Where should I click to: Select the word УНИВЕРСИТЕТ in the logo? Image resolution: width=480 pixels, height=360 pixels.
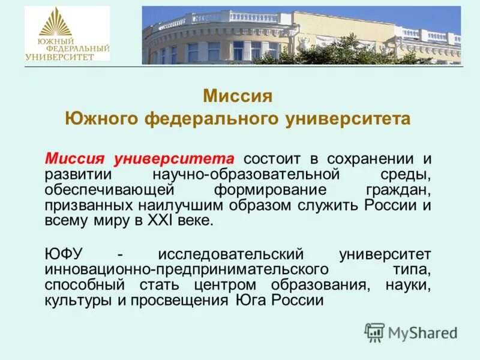(x=59, y=56)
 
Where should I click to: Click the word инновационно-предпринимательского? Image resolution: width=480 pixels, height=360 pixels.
(x=186, y=268)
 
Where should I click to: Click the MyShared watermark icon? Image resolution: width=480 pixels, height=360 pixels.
(x=374, y=331)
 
